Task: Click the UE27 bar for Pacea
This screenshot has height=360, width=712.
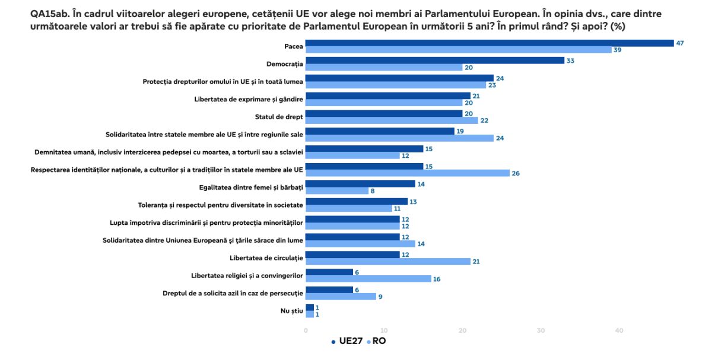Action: point(490,43)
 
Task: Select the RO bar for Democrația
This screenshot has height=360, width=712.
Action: point(384,68)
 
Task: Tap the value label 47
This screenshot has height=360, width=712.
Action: point(680,43)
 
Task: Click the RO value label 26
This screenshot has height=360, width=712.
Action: point(516,173)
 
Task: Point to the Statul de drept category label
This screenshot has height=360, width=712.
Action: point(279,117)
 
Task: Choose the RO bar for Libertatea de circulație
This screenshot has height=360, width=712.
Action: point(388,262)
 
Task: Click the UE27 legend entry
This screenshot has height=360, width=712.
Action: point(347,341)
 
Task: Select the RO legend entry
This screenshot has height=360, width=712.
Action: point(376,341)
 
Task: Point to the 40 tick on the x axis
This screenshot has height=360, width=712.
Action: point(619,330)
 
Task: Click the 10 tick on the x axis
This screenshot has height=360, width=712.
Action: point(384,330)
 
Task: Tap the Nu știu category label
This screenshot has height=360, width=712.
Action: point(291,311)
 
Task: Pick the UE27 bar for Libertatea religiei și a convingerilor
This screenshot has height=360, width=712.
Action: point(329,272)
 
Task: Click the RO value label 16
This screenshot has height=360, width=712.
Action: point(437,279)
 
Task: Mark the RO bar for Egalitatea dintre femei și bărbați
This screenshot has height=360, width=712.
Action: point(337,190)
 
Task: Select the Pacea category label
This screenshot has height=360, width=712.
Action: point(294,46)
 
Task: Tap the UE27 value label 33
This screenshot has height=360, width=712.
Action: point(570,60)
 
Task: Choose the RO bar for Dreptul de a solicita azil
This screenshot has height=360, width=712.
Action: point(341,297)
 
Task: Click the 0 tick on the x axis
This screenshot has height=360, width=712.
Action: point(306,330)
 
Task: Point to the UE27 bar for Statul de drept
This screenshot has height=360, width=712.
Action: point(384,113)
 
